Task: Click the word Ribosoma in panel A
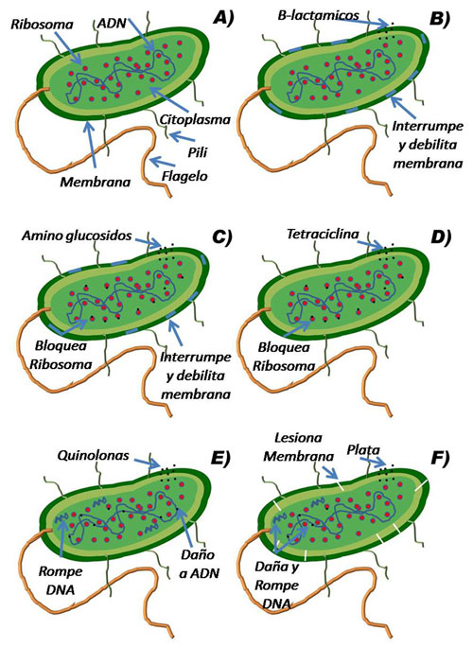click(x=42, y=25)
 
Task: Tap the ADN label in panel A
click(x=112, y=23)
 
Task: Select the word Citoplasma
click(x=195, y=120)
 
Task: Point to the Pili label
click(x=198, y=152)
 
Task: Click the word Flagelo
click(x=184, y=176)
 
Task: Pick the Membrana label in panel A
click(x=96, y=182)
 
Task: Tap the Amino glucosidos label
click(x=77, y=236)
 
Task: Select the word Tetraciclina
click(x=323, y=234)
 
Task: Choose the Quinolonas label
click(x=94, y=456)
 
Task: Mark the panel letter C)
click(x=221, y=236)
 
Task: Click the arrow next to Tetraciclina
click(x=371, y=245)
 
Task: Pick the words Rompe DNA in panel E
click(x=61, y=580)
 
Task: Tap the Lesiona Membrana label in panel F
click(x=299, y=446)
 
